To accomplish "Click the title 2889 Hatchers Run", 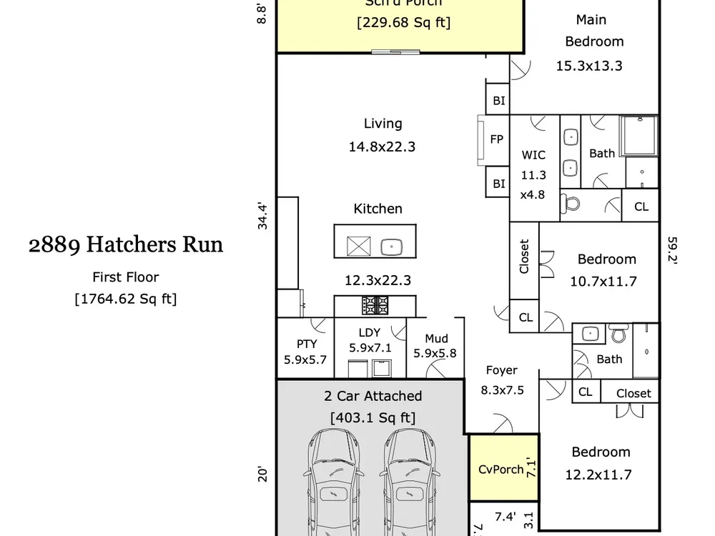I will tap(126, 245).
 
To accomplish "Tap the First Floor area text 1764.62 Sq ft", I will tap(126, 299).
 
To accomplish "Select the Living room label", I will tap(383, 124).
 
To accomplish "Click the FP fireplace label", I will tap(497, 139).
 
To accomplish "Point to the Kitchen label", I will tap(378, 209).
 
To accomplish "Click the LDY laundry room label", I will tap(370, 332).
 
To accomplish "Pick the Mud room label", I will tap(436, 339).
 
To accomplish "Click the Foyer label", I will tap(501, 370).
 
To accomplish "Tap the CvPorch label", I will tap(500, 470).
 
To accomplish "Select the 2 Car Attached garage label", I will tap(373, 396).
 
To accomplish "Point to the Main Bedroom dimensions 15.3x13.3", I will tap(589, 66).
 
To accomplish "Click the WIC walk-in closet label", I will tap(533, 155).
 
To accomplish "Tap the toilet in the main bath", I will tap(571, 203).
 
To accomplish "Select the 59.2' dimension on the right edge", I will tap(672, 250).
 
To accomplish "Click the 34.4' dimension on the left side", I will tap(262, 217).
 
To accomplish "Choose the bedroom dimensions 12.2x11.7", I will tap(598, 474).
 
